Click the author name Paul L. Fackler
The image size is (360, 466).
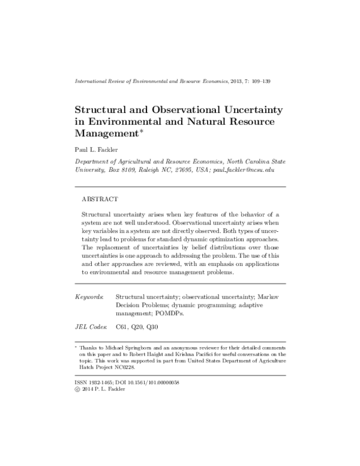point(95,149)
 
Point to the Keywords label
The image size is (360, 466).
point(88,297)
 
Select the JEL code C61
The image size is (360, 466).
point(121,326)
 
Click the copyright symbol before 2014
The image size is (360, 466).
point(77,389)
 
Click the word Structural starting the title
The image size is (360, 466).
point(100,110)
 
